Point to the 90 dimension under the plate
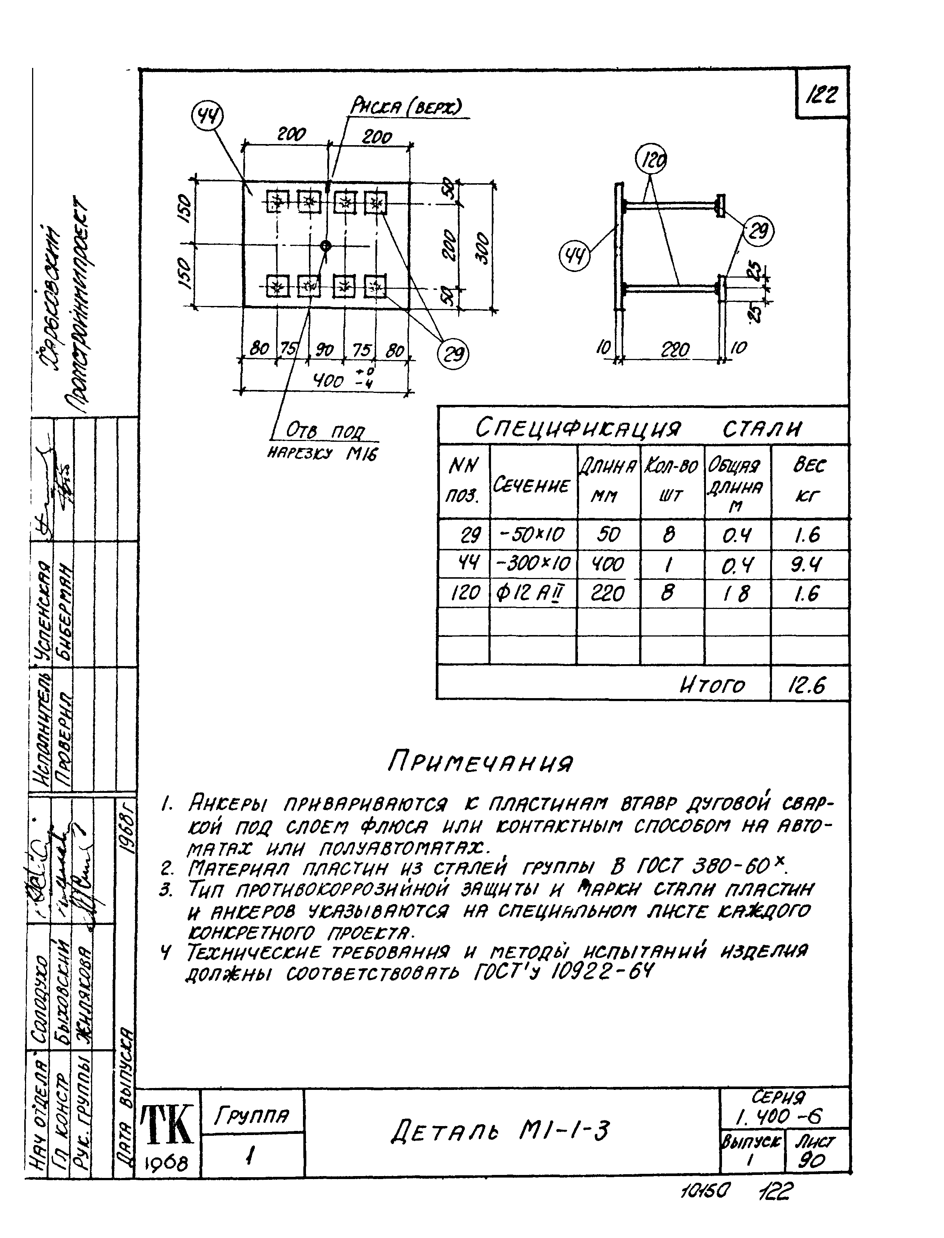coord(324,350)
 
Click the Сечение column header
coord(532,484)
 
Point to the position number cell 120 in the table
coord(465,593)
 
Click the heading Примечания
coord(481,763)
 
